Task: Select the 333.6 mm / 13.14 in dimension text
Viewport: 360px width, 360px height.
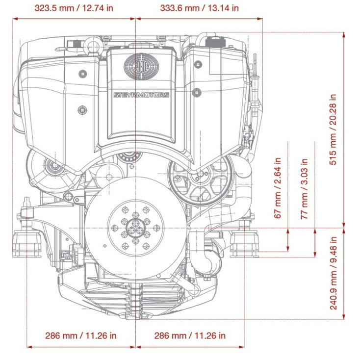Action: (x=201, y=8)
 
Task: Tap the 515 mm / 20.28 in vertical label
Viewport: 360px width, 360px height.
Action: (x=334, y=129)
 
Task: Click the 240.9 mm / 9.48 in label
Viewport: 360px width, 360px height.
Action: (x=334, y=273)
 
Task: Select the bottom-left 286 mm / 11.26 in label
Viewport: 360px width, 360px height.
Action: (x=81, y=335)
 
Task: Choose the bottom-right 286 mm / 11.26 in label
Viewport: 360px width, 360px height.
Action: (x=190, y=335)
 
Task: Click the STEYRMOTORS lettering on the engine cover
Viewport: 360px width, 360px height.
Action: (x=141, y=95)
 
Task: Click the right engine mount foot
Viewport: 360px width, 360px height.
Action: (x=244, y=243)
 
